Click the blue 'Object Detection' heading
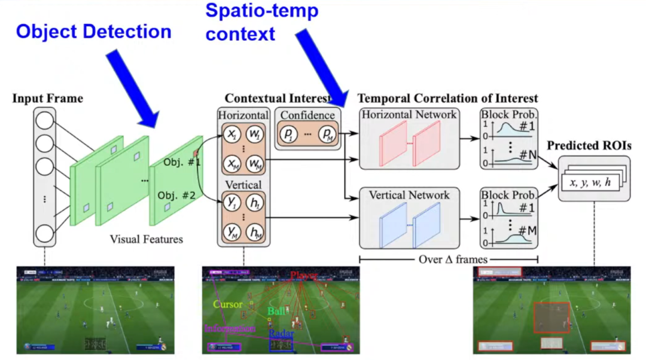click(94, 31)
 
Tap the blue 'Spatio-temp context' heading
click(262, 22)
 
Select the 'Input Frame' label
click(48, 98)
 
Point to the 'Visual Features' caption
click(146, 239)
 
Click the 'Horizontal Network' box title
click(409, 114)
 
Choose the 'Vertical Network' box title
click(409, 195)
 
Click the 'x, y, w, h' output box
click(590, 182)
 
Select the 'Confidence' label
click(307, 115)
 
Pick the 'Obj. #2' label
click(176, 195)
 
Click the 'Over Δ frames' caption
click(449, 259)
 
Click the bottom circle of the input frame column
click(45, 233)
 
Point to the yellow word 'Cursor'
click(228, 304)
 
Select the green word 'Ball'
click(276, 311)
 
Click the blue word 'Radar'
click(281, 334)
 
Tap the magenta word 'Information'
click(230, 328)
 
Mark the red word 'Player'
click(304, 276)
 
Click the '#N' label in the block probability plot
click(526, 155)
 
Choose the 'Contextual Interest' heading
click(278, 98)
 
